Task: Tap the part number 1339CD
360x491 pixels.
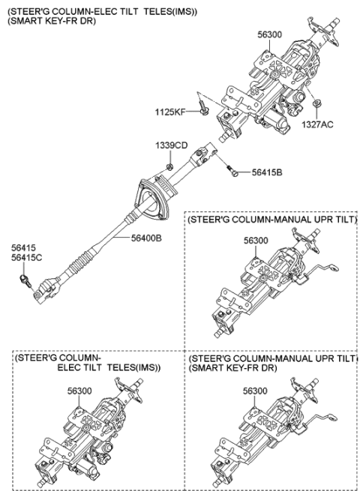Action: click(x=171, y=145)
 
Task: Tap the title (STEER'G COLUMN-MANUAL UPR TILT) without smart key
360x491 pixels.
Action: click(x=271, y=220)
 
